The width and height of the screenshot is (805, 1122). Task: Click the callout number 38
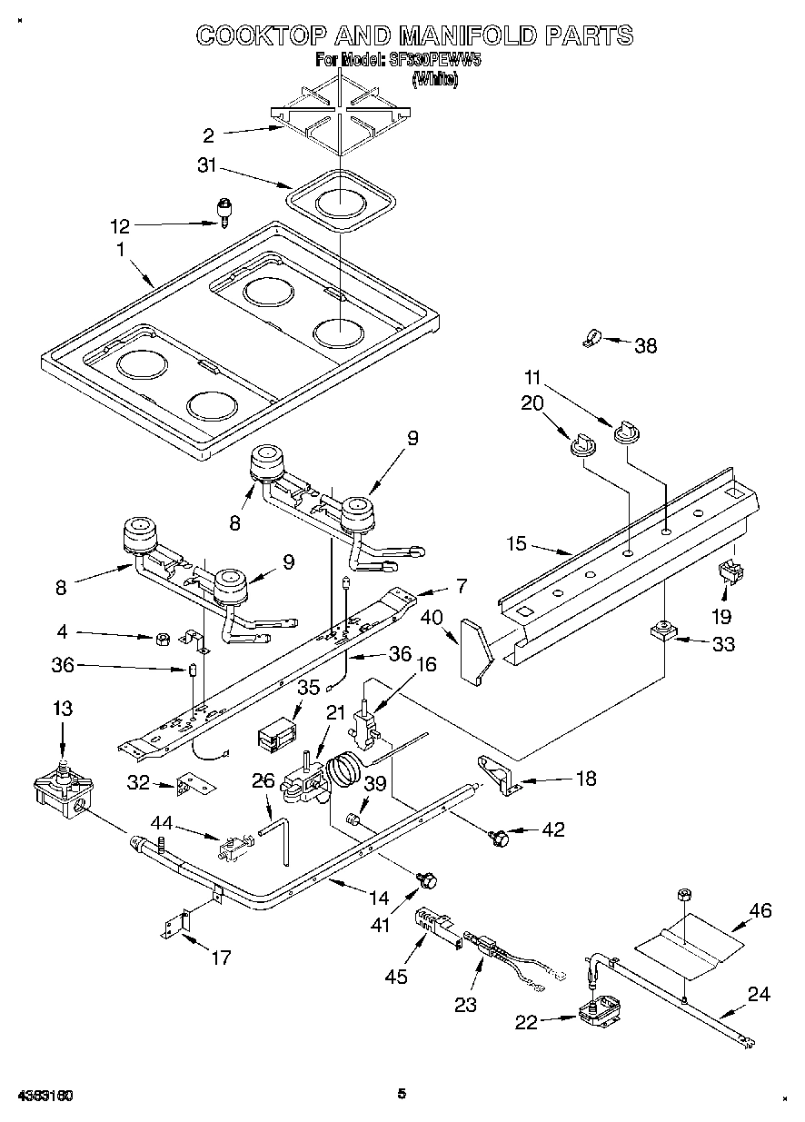pyautogui.click(x=645, y=345)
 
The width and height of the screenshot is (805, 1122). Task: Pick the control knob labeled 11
pyautogui.click(x=624, y=432)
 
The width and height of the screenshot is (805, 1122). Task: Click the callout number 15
pyautogui.click(x=516, y=545)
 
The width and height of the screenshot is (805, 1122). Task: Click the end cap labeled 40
pyautogui.click(x=474, y=649)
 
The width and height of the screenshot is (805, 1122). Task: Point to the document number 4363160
pyautogui.click(x=45, y=1095)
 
